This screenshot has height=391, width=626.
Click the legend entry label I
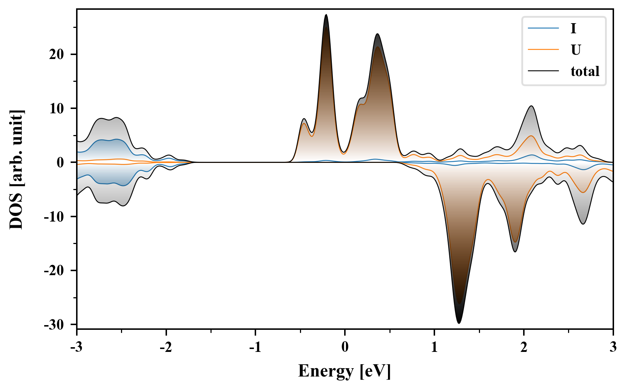[x=573, y=28]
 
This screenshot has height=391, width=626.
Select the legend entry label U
[x=576, y=50]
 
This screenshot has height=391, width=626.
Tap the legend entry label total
[x=585, y=71]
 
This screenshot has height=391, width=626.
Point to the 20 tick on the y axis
[x=57, y=54]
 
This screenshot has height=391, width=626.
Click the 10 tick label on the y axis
[x=57, y=108]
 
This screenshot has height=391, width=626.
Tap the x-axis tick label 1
[x=434, y=347]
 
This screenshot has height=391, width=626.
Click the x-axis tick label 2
[x=523, y=347]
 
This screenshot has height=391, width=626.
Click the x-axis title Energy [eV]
[x=345, y=371]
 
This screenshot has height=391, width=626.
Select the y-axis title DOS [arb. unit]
[x=16, y=169]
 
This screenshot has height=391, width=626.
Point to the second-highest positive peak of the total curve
[x=377, y=34]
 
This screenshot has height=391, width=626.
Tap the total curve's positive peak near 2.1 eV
[x=531, y=106]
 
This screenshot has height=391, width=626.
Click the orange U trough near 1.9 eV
[x=515, y=242]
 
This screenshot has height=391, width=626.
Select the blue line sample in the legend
[x=543, y=28]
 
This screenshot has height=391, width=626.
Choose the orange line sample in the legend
[x=543, y=50]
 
